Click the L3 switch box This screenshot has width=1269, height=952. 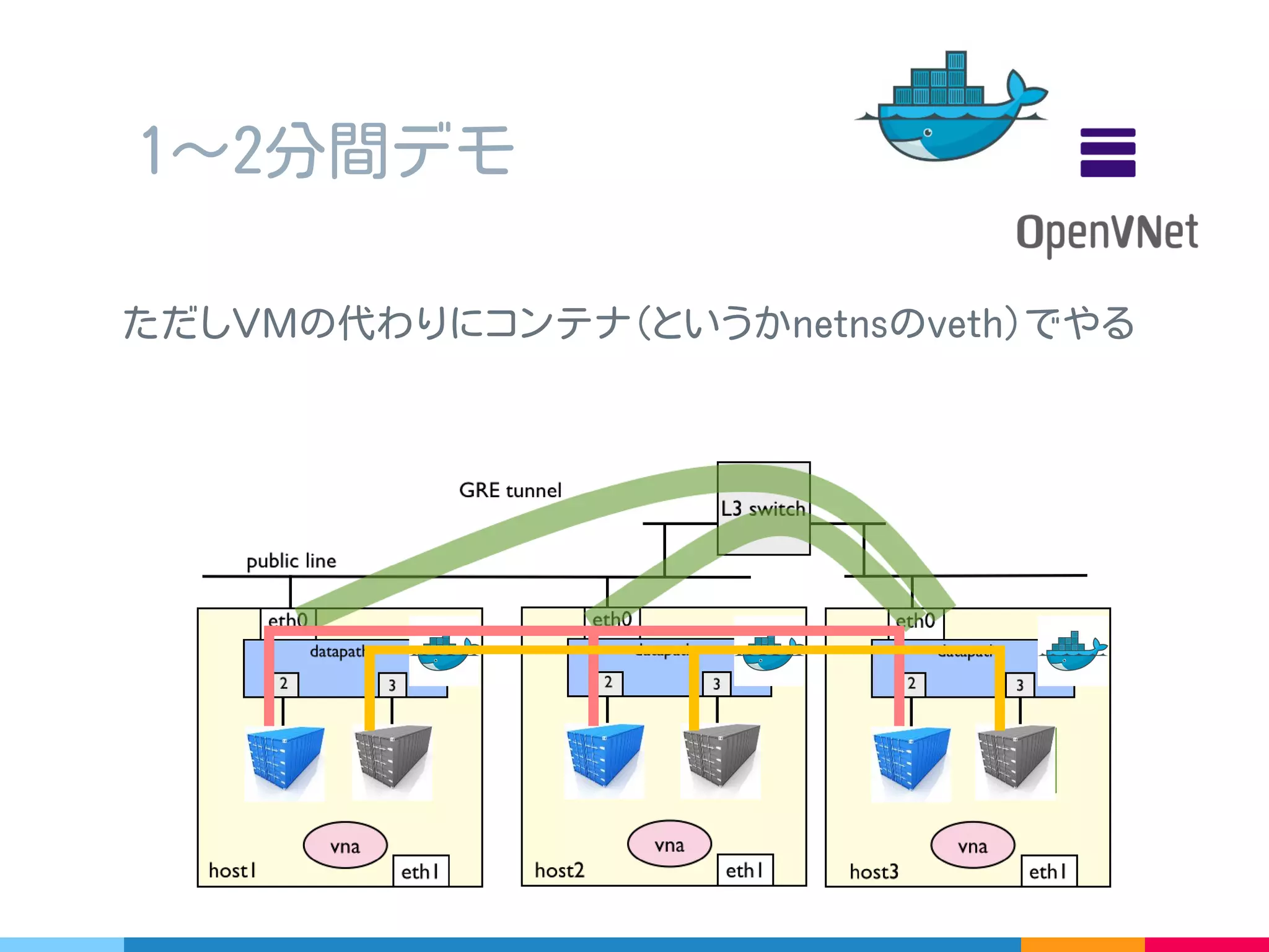763,508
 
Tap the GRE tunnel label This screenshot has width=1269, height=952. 510,490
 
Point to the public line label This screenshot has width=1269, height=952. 291,561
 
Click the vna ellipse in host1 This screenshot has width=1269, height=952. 345,845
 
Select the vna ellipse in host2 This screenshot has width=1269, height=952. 669,844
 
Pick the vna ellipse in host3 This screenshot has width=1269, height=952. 972,845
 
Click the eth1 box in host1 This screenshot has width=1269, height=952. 421,871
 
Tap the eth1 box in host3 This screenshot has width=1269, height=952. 1048,871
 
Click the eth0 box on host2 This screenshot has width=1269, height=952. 612,619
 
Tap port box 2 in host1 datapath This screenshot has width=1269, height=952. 284,684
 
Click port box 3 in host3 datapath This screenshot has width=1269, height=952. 1019,685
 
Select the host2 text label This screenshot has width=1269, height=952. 559,870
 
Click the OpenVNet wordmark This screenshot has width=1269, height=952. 1107,233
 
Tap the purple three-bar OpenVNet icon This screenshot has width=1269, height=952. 1107,152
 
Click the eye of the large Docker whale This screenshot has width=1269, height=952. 928,133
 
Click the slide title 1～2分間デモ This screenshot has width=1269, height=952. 327,150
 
